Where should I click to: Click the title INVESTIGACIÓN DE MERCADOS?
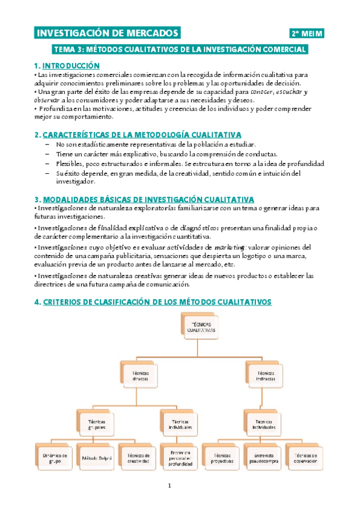(x=108, y=33)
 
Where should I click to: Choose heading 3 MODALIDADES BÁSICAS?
(x=144, y=199)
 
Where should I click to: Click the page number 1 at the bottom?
(x=170, y=486)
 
